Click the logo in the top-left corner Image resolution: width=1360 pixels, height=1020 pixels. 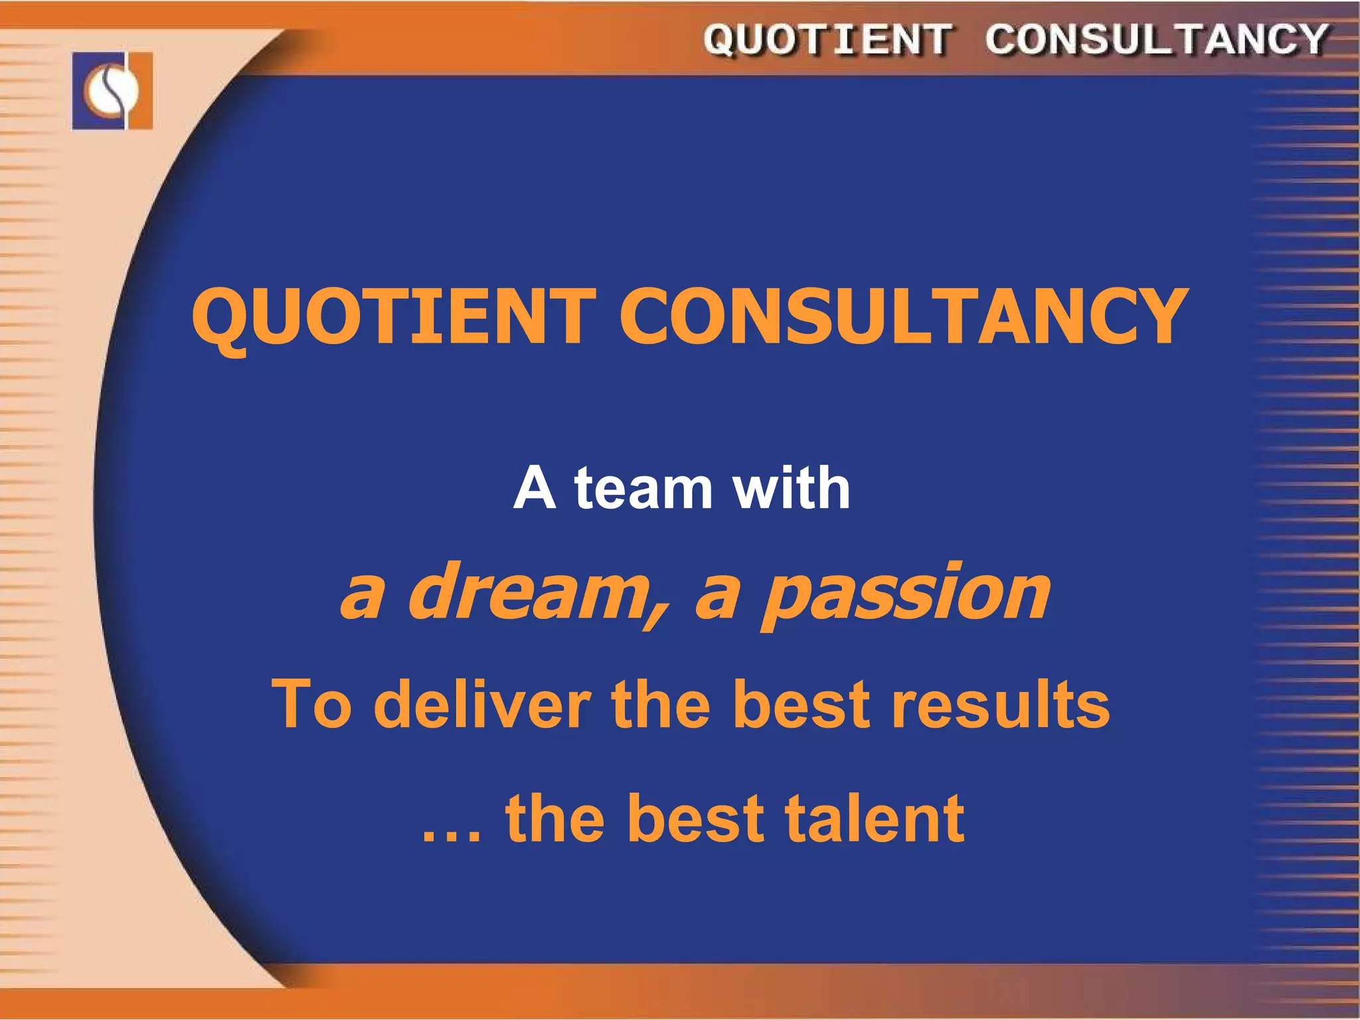point(112,90)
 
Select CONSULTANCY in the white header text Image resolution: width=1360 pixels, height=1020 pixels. point(1156,40)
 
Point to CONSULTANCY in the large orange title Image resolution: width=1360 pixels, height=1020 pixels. point(903,317)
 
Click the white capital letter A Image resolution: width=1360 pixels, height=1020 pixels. point(535,488)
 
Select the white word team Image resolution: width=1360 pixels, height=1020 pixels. point(643,489)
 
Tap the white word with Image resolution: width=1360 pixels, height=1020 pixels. point(790,488)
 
